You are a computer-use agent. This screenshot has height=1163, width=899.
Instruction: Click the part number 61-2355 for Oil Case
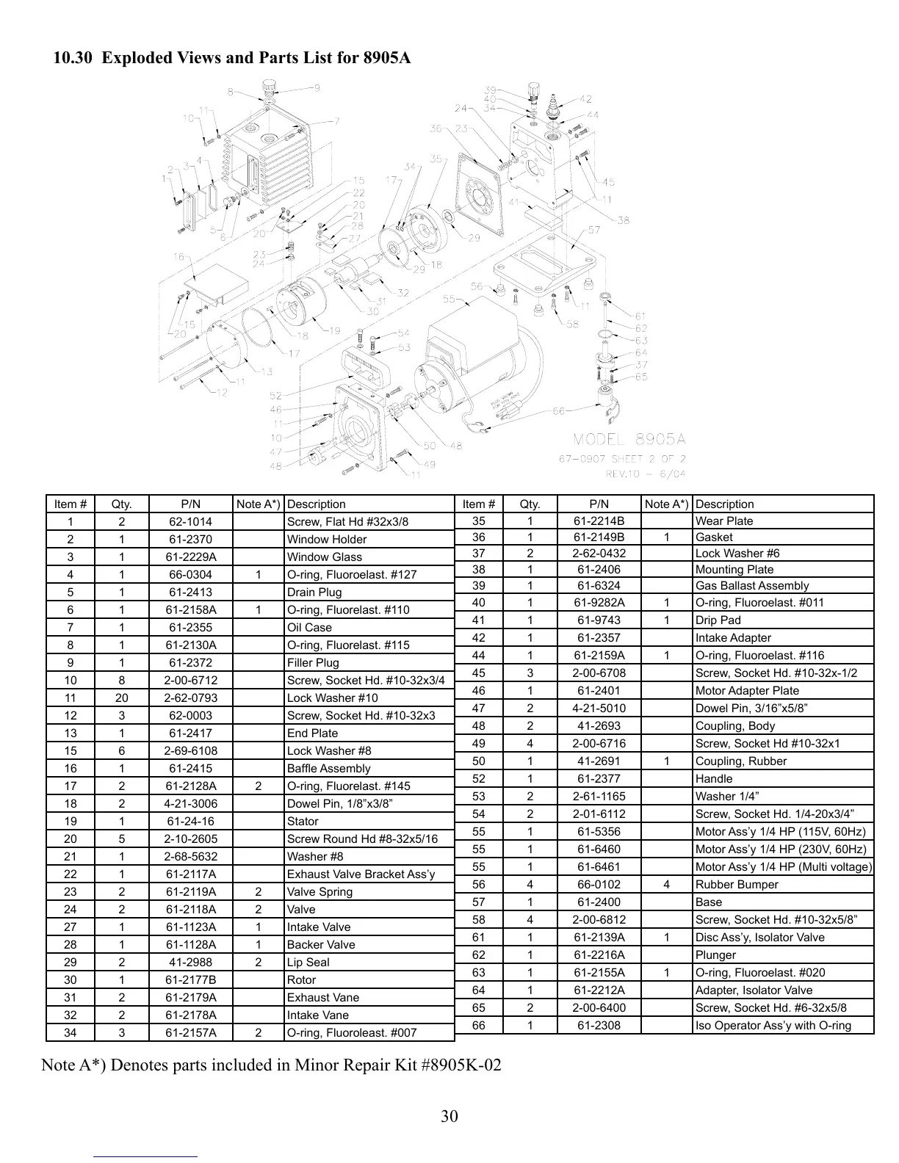click(x=190, y=628)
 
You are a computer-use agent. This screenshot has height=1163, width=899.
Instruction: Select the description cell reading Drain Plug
click(x=314, y=593)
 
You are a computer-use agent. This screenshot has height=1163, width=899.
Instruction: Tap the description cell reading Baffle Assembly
click(x=328, y=769)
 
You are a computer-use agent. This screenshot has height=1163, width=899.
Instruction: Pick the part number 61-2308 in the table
click(x=599, y=1026)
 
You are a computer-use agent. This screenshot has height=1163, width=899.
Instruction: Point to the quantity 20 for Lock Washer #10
click(x=121, y=698)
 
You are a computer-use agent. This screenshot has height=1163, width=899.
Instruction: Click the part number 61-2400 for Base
click(x=599, y=902)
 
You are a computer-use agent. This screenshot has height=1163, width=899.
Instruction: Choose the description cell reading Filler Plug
click(x=313, y=663)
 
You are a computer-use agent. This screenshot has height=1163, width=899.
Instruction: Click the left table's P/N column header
click(x=190, y=504)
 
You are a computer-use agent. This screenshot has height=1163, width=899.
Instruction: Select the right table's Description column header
click(x=724, y=504)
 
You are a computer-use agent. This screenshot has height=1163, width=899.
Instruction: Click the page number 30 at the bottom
click(x=450, y=1117)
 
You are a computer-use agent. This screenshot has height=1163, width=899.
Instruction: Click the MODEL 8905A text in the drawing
click(x=629, y=439)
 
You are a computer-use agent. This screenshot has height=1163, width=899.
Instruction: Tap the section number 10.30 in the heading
click(x=73, y=57)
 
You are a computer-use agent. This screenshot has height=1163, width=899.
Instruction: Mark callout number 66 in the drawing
click(x=559, y=411)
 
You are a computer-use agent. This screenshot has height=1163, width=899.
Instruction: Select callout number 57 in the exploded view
click(x=594, y=231)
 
